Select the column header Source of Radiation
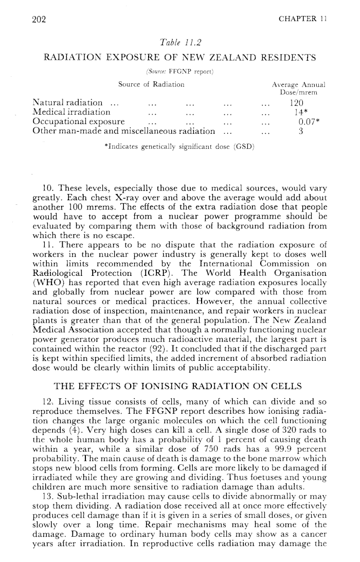point(148,84)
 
